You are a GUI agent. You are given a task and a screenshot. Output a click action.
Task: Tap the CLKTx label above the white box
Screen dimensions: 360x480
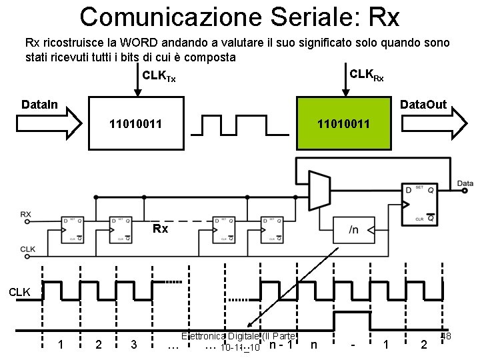(160, 79)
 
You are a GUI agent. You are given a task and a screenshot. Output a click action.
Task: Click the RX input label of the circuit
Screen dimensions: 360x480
(26, 214)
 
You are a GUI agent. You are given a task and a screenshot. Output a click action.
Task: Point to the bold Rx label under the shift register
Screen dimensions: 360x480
(160, 229)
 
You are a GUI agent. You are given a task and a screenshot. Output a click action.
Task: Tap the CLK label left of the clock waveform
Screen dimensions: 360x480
(19, 291)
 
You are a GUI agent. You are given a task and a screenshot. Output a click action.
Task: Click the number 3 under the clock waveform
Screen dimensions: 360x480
(134, 344)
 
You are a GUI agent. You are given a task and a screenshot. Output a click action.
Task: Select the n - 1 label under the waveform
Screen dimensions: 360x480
(280, 344)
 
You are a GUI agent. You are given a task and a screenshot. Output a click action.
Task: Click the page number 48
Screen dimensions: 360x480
(446, 336)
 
